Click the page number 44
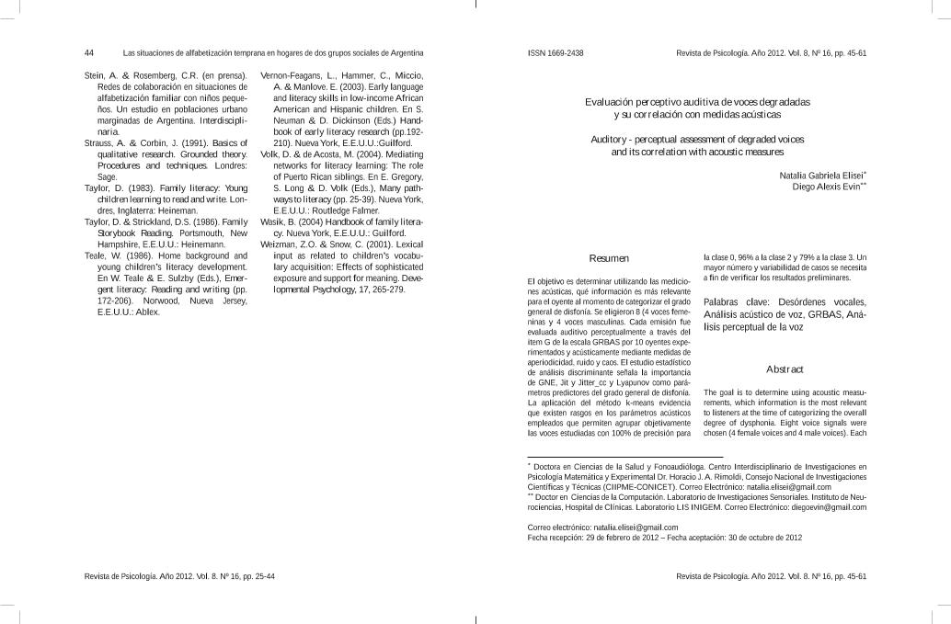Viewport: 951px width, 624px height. point(89,52)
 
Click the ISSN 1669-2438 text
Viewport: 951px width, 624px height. point(556,52)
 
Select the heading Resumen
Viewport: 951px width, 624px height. point(609,259)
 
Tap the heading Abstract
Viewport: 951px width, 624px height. point(785,369)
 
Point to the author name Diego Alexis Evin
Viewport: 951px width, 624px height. point(825,186)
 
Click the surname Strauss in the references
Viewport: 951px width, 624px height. point(98,143)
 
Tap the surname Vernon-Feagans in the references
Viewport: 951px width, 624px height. point(292,75)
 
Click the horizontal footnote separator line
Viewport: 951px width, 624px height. point(624,457)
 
